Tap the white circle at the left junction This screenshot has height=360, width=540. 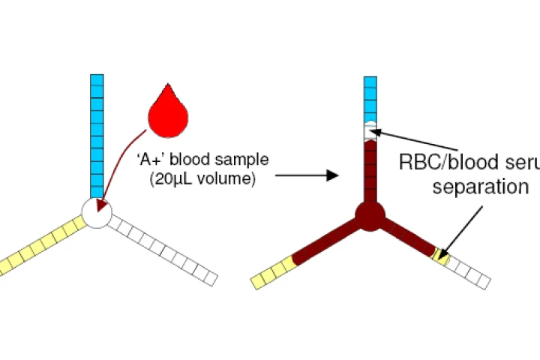click(96, 214)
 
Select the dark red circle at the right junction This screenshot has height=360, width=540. click(370, 215)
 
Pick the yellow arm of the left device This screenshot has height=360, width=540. click(41, 245)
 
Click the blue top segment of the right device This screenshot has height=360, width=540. click(370, 97)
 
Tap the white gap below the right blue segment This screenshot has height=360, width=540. click(370, 132)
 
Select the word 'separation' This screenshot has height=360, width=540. click(480, 187)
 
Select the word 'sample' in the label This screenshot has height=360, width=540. click(243, 160)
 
